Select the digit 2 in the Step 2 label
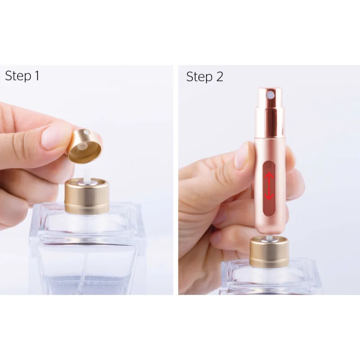coord(219,77)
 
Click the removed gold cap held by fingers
coord(85,147)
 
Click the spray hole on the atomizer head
coord(269,95)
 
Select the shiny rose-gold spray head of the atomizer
coord(269,112)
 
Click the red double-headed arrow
coord(269,184)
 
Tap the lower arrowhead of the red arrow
coord(269,196)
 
